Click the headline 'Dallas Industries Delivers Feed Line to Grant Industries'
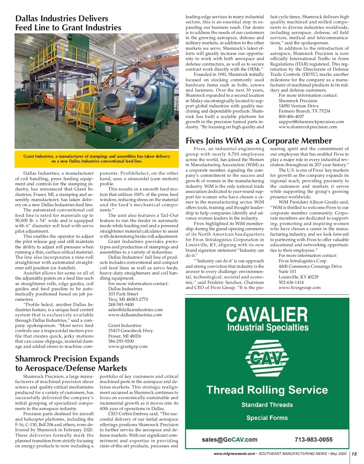click(68, 23)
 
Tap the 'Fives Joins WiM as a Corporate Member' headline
click(258, 141)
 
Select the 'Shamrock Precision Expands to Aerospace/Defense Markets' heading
click(71, 363)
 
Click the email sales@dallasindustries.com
click(135, 310)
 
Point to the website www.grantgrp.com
click(128, 346)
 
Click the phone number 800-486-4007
click(291, 116)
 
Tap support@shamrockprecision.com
click(311, 122)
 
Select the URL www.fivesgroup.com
click(299, 287)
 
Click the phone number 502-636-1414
click(291, 282)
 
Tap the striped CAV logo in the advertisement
click(267, 359)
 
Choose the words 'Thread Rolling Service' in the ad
click(267, 390)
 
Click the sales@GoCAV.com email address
click(229, 440)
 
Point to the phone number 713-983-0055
click(313, 440)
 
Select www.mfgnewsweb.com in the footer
click(234, 454)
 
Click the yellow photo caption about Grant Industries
click(96, 159)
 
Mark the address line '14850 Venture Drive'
click(298, 106)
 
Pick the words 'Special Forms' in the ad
click(267, 418)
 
